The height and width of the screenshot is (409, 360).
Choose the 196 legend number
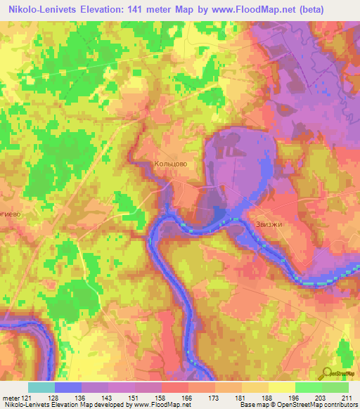point(293,396)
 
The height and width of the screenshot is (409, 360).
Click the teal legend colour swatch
point(41,387)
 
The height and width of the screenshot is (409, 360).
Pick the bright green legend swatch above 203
point(308,387)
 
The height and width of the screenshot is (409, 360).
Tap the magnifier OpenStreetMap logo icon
point(327,374)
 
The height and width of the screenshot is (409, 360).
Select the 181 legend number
point(240,396)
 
